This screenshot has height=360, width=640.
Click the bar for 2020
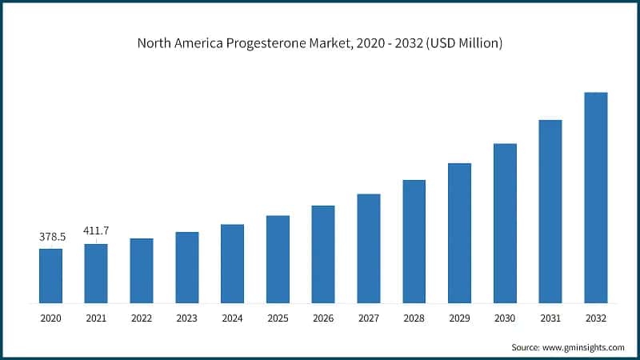(x=50, y=276)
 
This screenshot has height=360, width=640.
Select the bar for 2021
(x=96, y=274)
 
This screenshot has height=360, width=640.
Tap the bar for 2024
(x=232, y=264)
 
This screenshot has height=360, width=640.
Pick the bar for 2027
(x=368, y=249)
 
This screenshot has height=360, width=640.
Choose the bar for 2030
(x=505, y=224)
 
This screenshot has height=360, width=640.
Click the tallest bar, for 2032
(x=596, y=198)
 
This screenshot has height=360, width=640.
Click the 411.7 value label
(x=96, y=231)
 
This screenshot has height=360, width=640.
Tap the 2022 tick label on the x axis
(x=142, y=318)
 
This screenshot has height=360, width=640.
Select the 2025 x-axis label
(x=278, y=318)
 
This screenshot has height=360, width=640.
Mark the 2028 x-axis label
(x=414, y=318)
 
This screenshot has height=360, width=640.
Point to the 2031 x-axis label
(x=550, y=318)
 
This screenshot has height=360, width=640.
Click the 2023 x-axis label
(x=186, y=318)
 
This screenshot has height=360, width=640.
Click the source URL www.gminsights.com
(x=582, y=347)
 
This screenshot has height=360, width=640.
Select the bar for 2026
(x=323, y=254)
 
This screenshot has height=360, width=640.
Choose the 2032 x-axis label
(x=596, y=318)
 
